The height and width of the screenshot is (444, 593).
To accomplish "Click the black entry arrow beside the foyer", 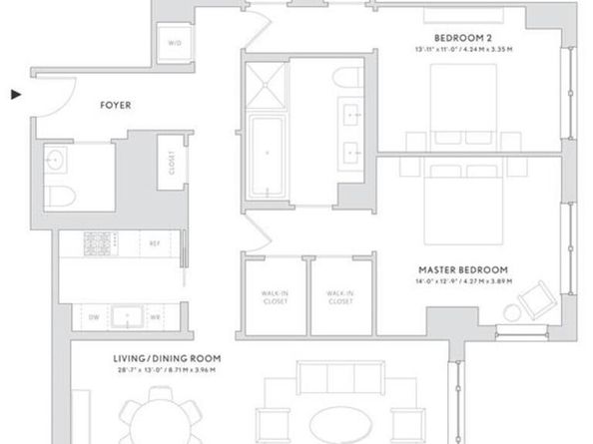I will pos(15,95).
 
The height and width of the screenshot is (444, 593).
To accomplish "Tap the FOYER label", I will pos(117,103).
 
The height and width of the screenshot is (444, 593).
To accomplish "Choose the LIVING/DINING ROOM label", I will pos(166,358).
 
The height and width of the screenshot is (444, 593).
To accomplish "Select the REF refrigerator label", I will pos(155,242).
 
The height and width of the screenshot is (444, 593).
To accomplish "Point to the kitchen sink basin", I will pos(129,316).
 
